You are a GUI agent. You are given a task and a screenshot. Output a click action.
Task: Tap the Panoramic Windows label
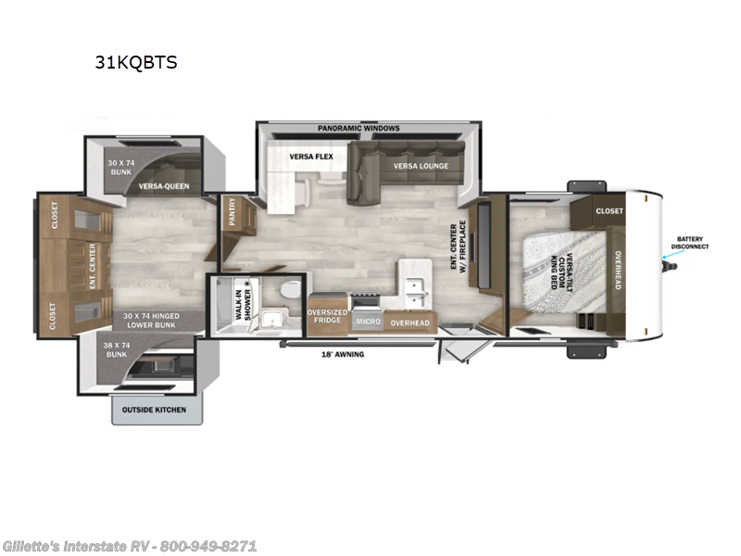(x=358, y=128)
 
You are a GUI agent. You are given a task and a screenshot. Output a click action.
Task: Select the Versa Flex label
(x=304, y=157)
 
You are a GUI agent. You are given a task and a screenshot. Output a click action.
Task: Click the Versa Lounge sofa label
(x=421, y=166)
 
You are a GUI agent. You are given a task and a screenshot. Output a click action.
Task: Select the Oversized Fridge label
(x=328, y=316)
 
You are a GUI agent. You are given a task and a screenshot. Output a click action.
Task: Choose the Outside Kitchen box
(x=152, y=410)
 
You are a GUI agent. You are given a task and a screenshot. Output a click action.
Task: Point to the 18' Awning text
(x=342, y=354)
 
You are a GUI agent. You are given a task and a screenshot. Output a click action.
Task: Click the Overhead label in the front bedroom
(x=616, y=269)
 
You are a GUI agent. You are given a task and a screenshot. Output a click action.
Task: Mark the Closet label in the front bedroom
(x=609, y=211)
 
